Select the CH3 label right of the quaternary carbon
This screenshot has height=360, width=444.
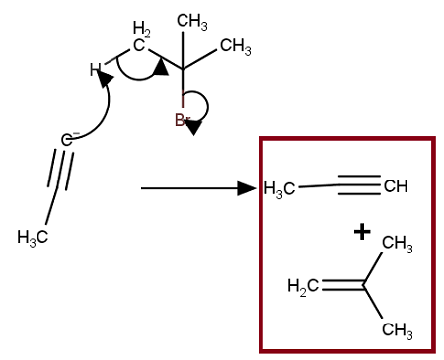(234, 46)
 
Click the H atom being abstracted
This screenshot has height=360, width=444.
(95, 70)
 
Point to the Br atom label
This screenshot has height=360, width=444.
(183, 120)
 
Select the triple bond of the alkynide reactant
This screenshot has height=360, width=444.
(59, 177)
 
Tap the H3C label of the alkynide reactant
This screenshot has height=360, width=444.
(33, 237)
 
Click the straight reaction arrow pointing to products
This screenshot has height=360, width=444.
(197, 187)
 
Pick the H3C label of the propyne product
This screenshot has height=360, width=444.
(280, 189)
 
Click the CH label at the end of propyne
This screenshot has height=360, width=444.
(395, 186)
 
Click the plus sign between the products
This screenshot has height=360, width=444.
(362, 232)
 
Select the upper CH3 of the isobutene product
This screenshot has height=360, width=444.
(396, 244)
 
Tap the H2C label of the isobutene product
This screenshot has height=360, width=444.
(302, 287)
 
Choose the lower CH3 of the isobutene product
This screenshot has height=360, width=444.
(396, 328)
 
